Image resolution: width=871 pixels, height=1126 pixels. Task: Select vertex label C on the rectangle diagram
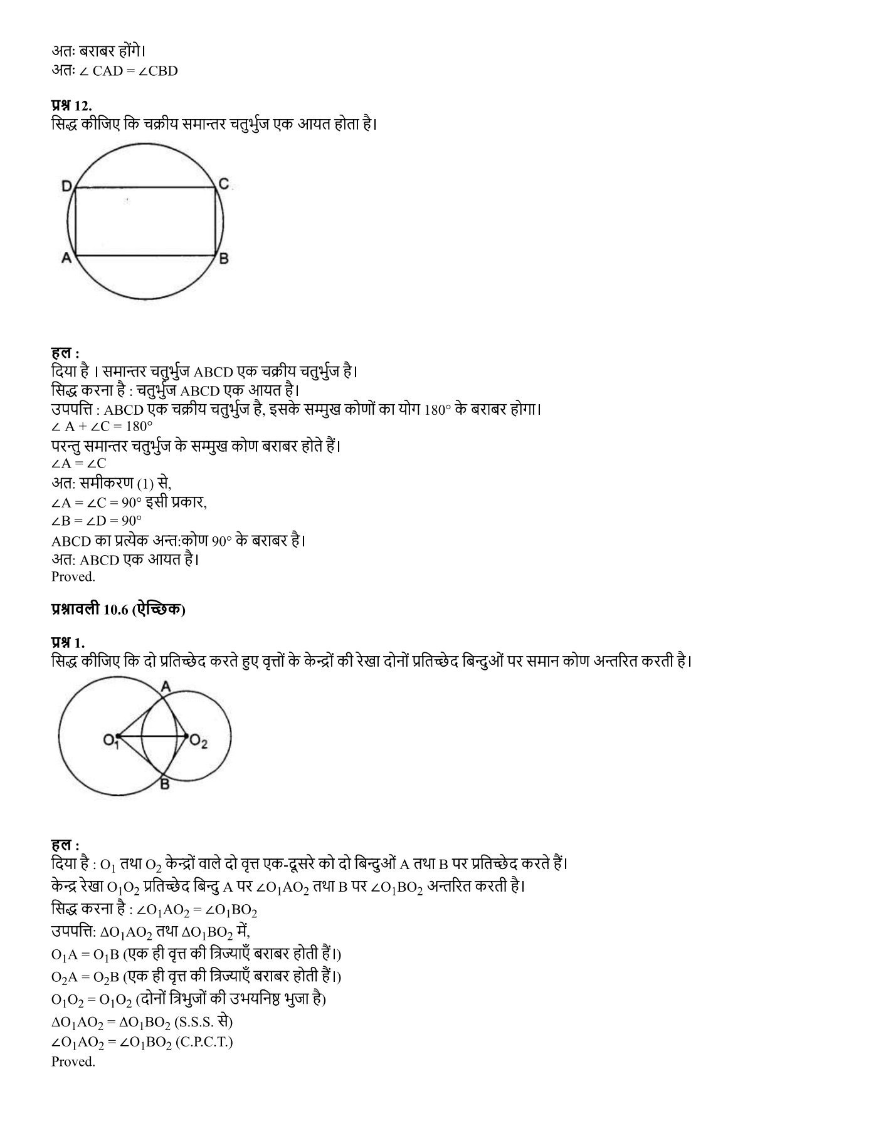(223, 184)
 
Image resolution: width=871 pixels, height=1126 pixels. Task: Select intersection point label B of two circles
(164, 783)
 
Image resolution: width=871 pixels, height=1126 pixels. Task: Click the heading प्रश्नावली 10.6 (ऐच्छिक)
(119, 610)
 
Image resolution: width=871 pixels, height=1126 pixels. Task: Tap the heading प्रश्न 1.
(68, 642)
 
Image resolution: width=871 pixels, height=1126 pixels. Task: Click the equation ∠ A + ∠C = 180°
(102, 427)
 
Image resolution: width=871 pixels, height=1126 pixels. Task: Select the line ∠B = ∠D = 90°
(97, 520)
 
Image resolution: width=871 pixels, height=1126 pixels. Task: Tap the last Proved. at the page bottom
(73, 1061)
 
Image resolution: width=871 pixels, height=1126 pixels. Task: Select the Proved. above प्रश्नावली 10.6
(73, 576)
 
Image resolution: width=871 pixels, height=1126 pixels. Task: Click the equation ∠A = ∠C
(79, 463)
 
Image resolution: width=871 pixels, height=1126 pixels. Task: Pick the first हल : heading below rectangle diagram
(65, 353)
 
